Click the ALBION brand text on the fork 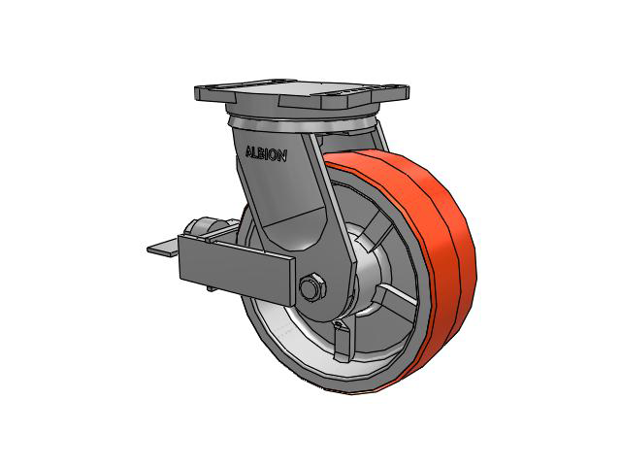266,153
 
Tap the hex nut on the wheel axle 312,286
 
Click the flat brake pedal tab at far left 162,248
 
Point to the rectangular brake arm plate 237,269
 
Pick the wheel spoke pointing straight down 343,342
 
